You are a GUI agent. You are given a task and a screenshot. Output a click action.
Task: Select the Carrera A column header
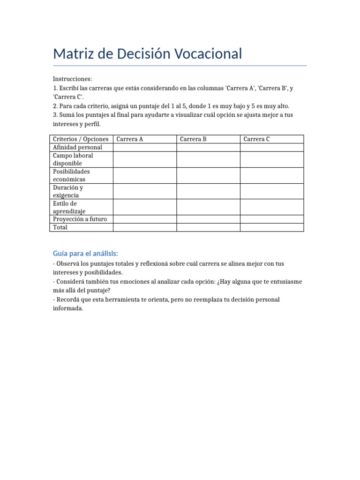(130, 139)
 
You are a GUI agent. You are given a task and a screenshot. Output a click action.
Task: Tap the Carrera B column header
(193, 139)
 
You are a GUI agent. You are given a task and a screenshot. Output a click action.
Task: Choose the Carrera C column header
(257, 139)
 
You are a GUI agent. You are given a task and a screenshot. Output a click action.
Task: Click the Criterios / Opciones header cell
(81, 139)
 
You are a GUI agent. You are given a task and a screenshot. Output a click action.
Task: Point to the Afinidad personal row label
(77, 147)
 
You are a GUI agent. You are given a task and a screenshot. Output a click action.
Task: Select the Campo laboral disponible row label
(73, 159)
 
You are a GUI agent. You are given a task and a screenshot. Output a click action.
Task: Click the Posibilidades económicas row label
(72, 175)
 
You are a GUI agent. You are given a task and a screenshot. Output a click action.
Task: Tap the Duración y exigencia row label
(68, 191)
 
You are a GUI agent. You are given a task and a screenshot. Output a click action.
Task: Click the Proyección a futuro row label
(80, 219)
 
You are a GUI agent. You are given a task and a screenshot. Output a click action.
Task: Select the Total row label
(60, 227)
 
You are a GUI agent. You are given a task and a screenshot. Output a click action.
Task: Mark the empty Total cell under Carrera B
(208, 227)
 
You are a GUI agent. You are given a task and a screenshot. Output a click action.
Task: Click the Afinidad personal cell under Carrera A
(144, 147)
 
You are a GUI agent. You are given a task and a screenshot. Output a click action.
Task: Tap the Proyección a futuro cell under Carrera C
(272, 219)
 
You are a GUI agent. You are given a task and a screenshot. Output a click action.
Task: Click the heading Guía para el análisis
(86, 254)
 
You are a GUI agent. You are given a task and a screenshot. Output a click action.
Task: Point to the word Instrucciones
(73, 79)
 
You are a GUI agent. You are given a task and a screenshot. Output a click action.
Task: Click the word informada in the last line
(67, 308)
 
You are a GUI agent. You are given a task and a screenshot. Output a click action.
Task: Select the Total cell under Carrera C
(272, 227)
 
